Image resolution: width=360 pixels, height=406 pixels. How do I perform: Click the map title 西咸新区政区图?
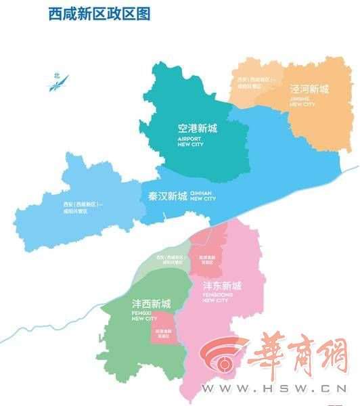[x=99, y=13]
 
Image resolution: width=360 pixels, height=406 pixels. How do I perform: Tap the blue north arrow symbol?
[x=59, y=82]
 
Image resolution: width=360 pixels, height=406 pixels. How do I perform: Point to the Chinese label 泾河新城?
[x=309, y=89]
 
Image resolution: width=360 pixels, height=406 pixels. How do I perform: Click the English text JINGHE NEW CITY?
[x=302, y=101]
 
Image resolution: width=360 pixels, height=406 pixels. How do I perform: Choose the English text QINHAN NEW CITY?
[x=203, y=196]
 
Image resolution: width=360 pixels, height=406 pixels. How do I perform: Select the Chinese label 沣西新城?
[x=151, y=303]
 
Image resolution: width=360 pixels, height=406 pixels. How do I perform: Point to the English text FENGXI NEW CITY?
[x=144, y=317]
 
